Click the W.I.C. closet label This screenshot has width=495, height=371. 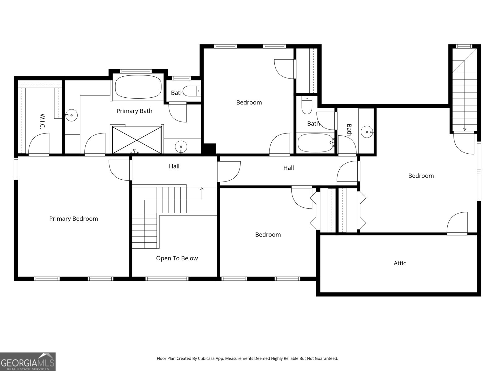click(42, 121)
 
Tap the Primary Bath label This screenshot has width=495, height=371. click(134, 111)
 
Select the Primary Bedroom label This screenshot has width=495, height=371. click(74, 219)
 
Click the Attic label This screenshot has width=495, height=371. click(400, 263)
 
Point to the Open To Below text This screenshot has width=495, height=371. click(177, 258)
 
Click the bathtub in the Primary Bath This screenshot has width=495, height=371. click(138, 87)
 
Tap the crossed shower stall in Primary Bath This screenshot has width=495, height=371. click(137, 140)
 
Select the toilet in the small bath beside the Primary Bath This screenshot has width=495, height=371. click(192, 91)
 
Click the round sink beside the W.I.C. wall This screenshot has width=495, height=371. click(71, 115)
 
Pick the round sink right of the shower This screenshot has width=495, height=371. click(181, 147)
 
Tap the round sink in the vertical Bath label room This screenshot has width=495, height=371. click(367, 132)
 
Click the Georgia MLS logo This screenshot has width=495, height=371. click(28, 361)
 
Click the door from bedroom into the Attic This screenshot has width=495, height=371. click(457, 223)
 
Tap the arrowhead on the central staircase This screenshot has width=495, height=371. click(202, 189)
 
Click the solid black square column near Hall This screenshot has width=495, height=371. click(209, 149)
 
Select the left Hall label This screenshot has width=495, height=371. click(174, 166)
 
